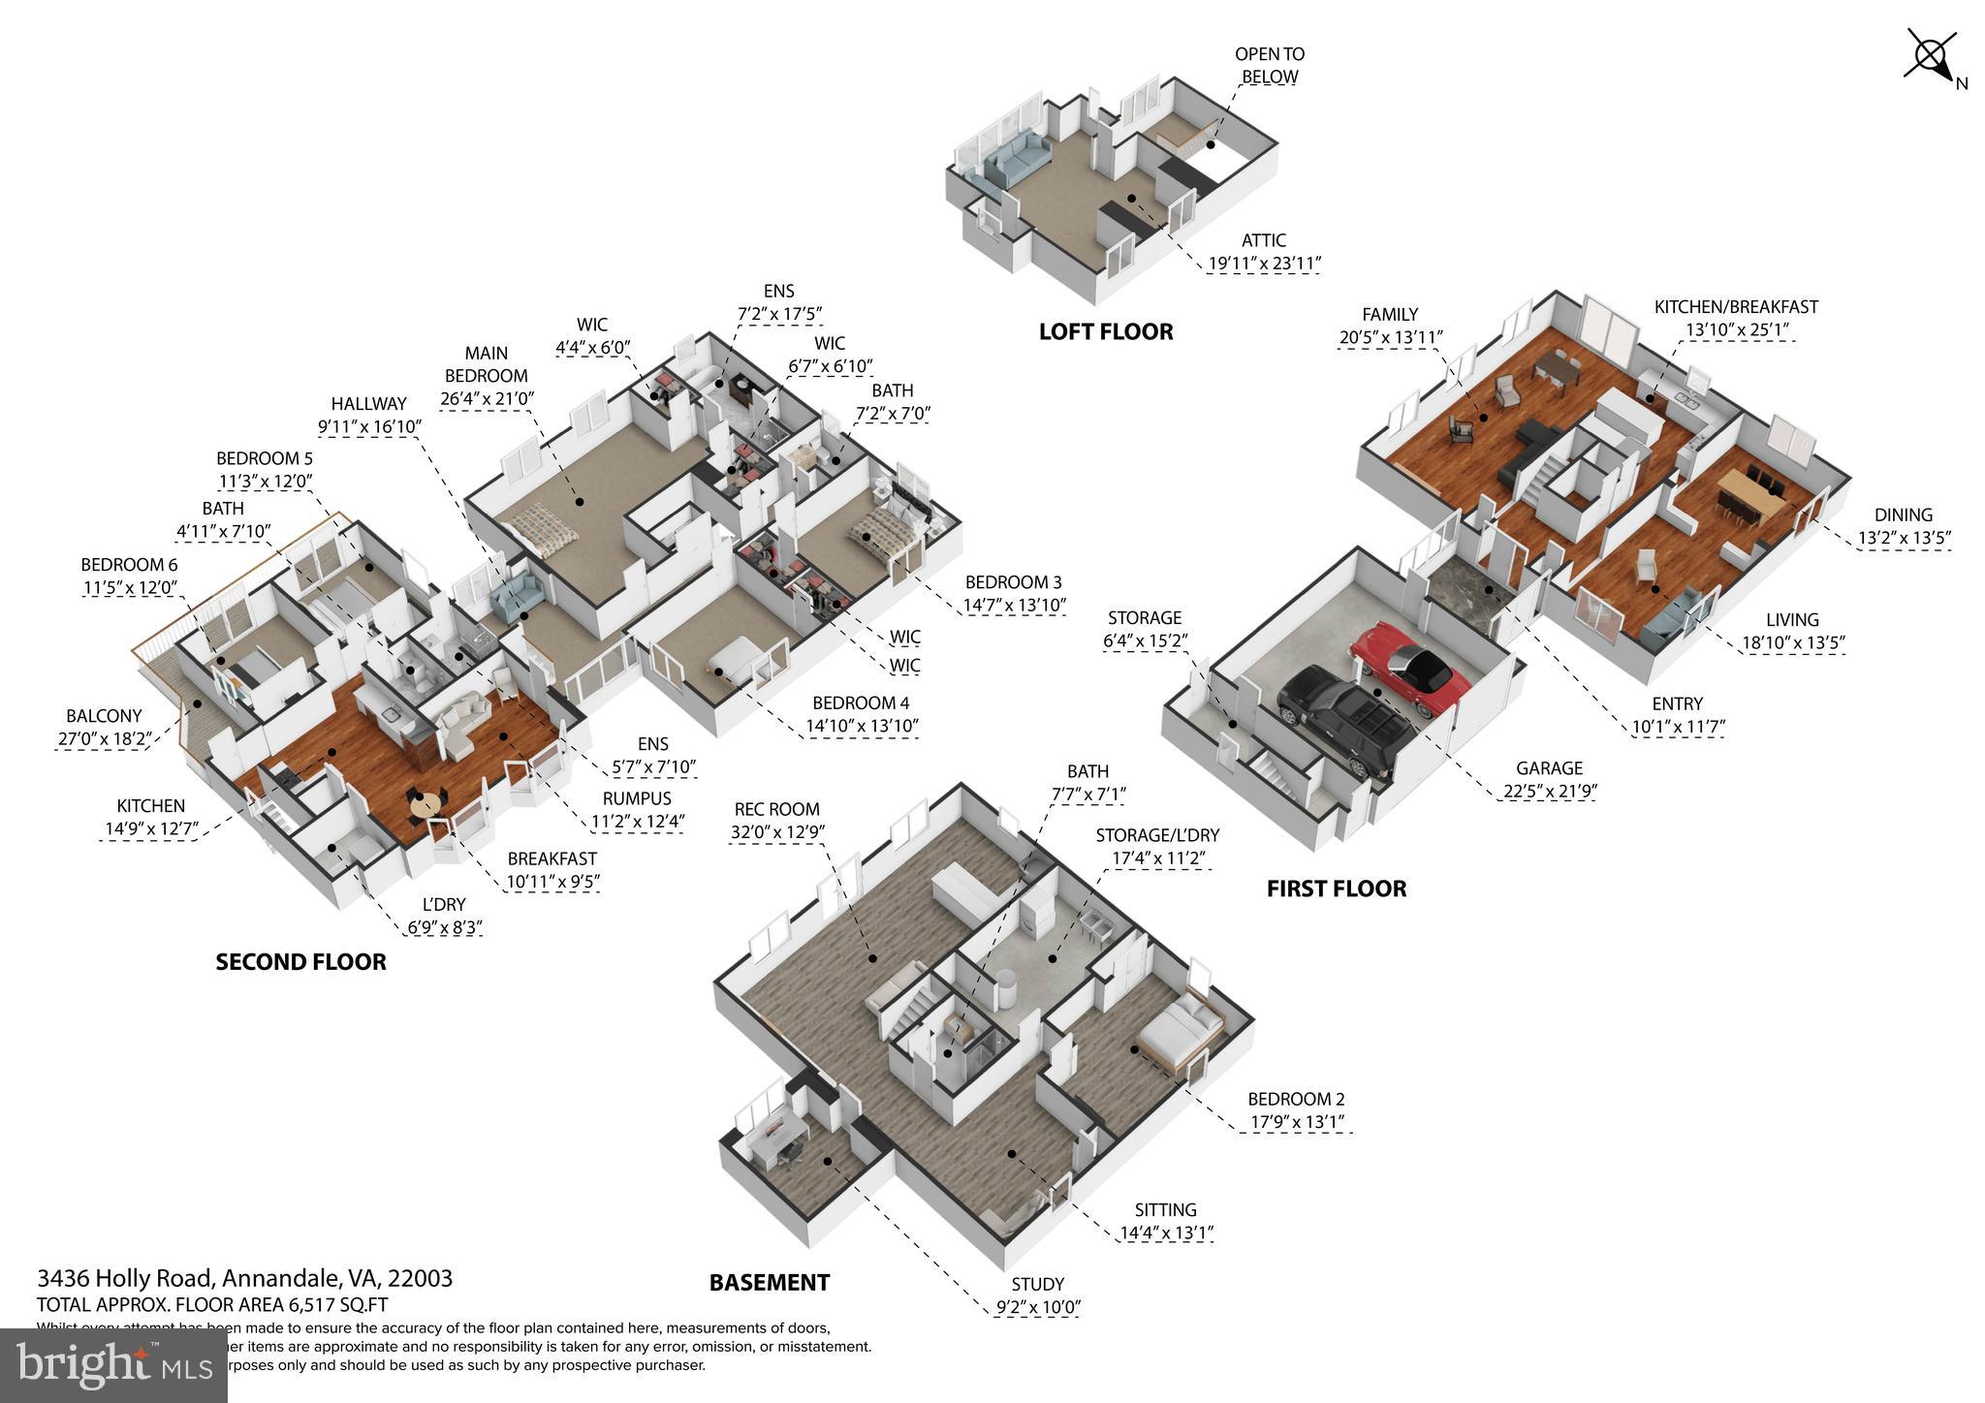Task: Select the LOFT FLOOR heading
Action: point(1106,332)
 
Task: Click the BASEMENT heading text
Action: point(770,1283)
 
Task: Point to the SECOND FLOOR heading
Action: point(300,962)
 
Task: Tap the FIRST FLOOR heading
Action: point(1336,889)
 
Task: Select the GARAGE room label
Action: point(1549,768)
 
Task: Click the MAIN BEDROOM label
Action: point(487,364)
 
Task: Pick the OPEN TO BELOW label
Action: point(1270,65)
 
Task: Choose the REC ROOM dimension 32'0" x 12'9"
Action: point(777,832)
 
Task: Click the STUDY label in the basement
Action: point(1038,1285)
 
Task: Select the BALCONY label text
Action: point(104,716)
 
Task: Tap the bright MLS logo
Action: point(113,1366)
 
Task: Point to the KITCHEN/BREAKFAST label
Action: point(1735,307)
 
